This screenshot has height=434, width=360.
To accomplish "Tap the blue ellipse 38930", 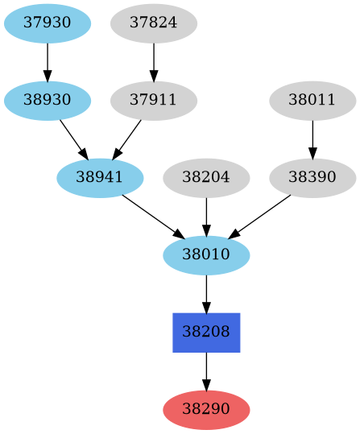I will coord(48,101).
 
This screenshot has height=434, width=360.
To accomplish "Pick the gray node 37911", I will coord(153,101).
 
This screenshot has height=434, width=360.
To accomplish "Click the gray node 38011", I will coord(312,101).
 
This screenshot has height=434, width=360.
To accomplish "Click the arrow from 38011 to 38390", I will coord(312,139).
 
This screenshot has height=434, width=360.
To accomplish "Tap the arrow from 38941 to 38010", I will coord(153,217).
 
